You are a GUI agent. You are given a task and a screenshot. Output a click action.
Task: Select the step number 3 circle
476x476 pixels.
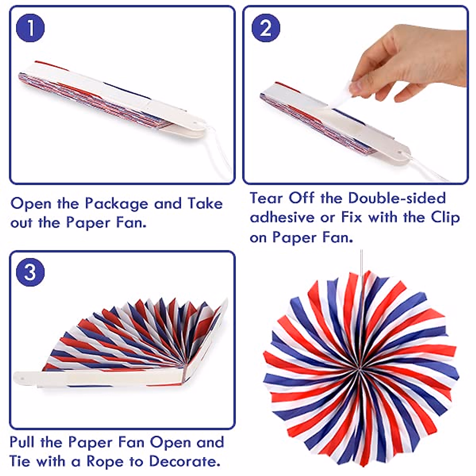(x=30, y=273)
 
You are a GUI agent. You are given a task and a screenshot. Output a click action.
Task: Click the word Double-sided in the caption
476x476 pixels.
(x=397, y=198)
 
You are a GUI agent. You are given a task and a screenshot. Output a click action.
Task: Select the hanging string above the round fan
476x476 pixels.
(x=361, y=264)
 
